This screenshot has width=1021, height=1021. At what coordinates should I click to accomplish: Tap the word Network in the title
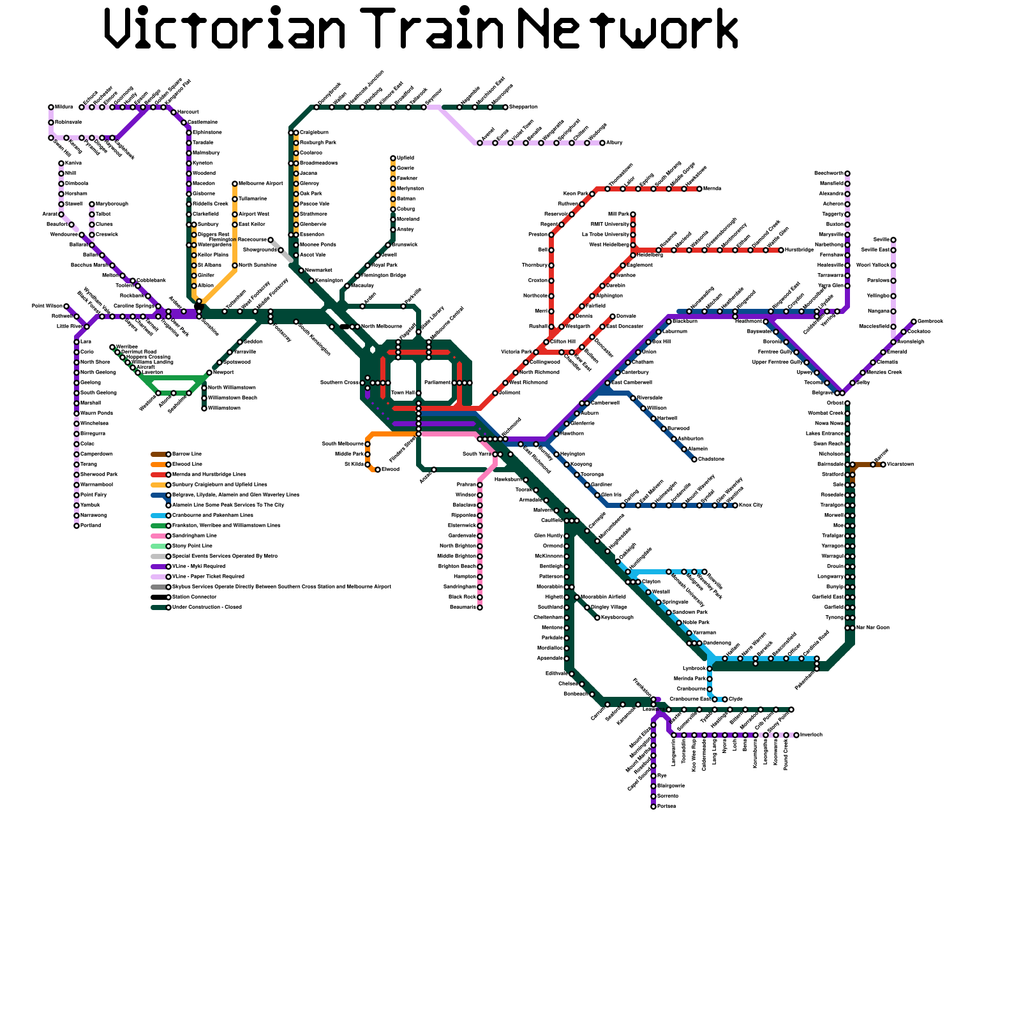click(629, 29)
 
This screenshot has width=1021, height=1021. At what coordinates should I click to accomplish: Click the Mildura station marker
click(51, 107)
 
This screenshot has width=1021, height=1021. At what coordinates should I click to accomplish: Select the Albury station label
click(614, 143)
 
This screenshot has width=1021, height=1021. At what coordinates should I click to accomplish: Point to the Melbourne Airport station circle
click(235, 184)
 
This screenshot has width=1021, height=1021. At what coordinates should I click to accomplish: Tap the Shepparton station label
click(523, 107)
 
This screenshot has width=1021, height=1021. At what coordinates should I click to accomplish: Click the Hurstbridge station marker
click(781, 250)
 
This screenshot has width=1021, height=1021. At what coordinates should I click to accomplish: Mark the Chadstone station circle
click(694, 459)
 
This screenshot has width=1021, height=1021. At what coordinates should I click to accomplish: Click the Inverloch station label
click(811, 735)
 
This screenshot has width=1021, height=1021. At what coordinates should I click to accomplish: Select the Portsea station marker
click(653, 807)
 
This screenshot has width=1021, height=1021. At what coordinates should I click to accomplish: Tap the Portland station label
click(91, 526)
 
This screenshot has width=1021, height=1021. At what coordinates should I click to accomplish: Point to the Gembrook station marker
click(914, 322)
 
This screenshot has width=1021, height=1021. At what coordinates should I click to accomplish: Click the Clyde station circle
click(725, 699)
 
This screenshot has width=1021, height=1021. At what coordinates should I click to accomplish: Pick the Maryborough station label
click(112, 204)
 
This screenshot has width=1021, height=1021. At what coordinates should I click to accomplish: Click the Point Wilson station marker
click(66, 306)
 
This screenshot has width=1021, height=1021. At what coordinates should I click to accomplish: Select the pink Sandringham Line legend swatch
click(159, 536)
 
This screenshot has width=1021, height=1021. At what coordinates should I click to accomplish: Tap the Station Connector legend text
click(195, 597)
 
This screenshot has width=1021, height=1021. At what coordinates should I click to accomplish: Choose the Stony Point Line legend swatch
click(159, 546)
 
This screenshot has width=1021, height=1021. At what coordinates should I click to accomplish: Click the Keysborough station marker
click(597, 618)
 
